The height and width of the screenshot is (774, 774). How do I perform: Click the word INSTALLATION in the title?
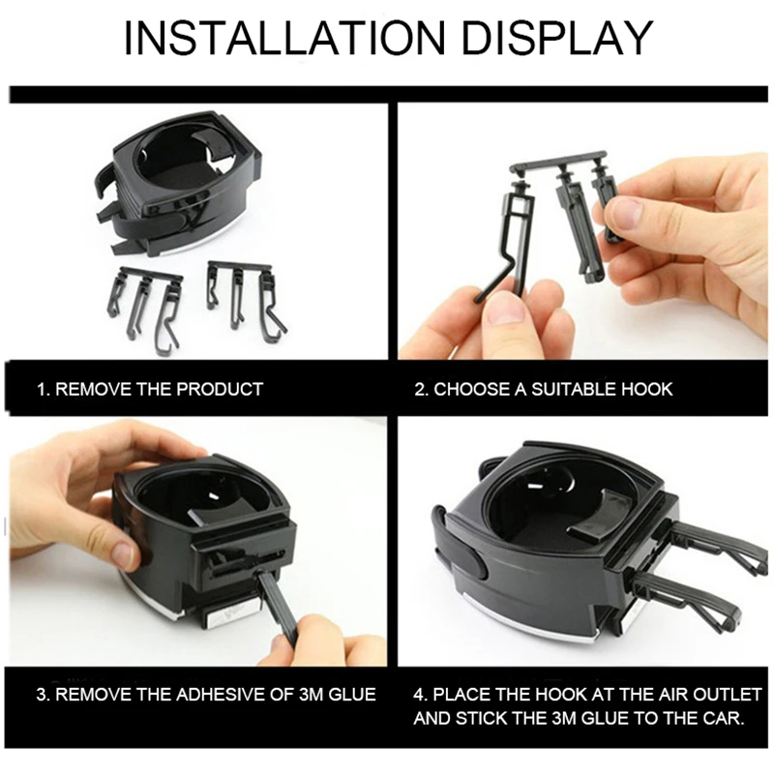(x=284, y=38)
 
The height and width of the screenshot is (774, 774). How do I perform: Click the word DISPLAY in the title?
(x=557, y=38)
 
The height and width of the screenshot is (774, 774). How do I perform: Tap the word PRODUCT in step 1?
(x=220, y=389)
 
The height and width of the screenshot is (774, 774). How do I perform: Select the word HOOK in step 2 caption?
(x=646, y=389)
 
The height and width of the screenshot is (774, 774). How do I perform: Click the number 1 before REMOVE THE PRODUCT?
(x=42, y=389)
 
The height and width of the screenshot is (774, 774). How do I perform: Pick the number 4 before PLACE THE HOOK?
(x=419, y=694)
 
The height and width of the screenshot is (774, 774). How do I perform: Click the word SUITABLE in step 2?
(x=574, y=389)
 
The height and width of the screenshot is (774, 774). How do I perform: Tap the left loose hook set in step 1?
(x=144, y=310)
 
